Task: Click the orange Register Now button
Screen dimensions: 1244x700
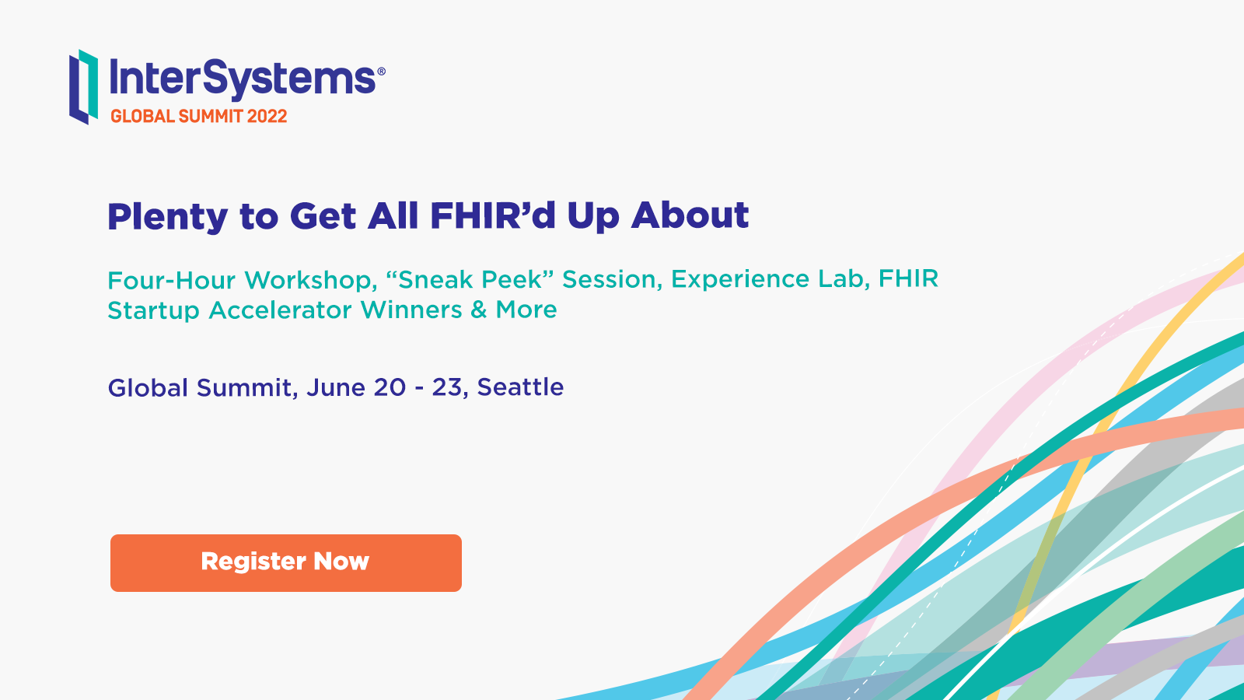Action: [286, 563]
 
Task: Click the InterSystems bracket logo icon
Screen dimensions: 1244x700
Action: [84, 87]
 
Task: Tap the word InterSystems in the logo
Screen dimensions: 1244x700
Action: [243, 79]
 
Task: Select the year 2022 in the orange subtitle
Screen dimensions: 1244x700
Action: [267, 116]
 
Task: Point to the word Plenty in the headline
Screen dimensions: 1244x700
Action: [167, 217]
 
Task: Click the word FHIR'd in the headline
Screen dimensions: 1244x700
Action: [493, 215]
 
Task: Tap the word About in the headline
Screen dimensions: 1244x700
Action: [690, 215]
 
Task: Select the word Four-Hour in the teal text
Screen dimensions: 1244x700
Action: [171, 279]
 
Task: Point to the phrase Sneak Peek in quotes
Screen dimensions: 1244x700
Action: [470, 279]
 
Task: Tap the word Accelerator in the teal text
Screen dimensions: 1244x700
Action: [281, 310]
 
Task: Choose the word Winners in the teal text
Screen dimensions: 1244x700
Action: [411, 310]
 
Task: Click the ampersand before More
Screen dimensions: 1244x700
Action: [479, 310]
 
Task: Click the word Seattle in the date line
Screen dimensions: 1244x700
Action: [520, 387]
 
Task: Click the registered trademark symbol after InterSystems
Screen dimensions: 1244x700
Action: [382, 71]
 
